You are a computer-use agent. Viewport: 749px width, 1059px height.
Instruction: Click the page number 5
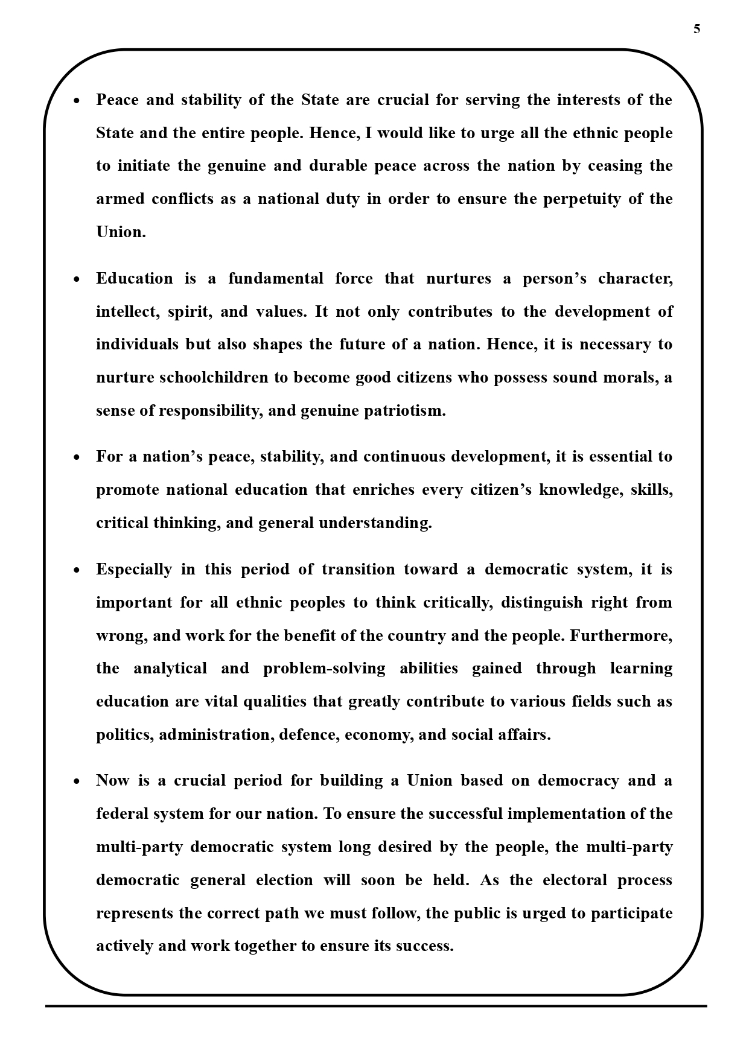[x=697, y=29]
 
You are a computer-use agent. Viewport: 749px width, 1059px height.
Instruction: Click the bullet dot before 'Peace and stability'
[x=77, y=101]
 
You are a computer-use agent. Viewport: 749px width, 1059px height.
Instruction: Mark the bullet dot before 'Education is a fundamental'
[x=77, y=279]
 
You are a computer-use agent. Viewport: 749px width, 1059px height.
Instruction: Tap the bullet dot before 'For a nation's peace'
[x=77, y=457]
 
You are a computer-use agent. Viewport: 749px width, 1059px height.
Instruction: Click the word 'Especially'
[x=134, y=570]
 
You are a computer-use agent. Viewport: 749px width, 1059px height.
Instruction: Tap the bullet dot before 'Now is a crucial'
[x=77, y=781]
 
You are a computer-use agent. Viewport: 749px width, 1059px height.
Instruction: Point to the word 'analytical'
[x=170, y=669]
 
